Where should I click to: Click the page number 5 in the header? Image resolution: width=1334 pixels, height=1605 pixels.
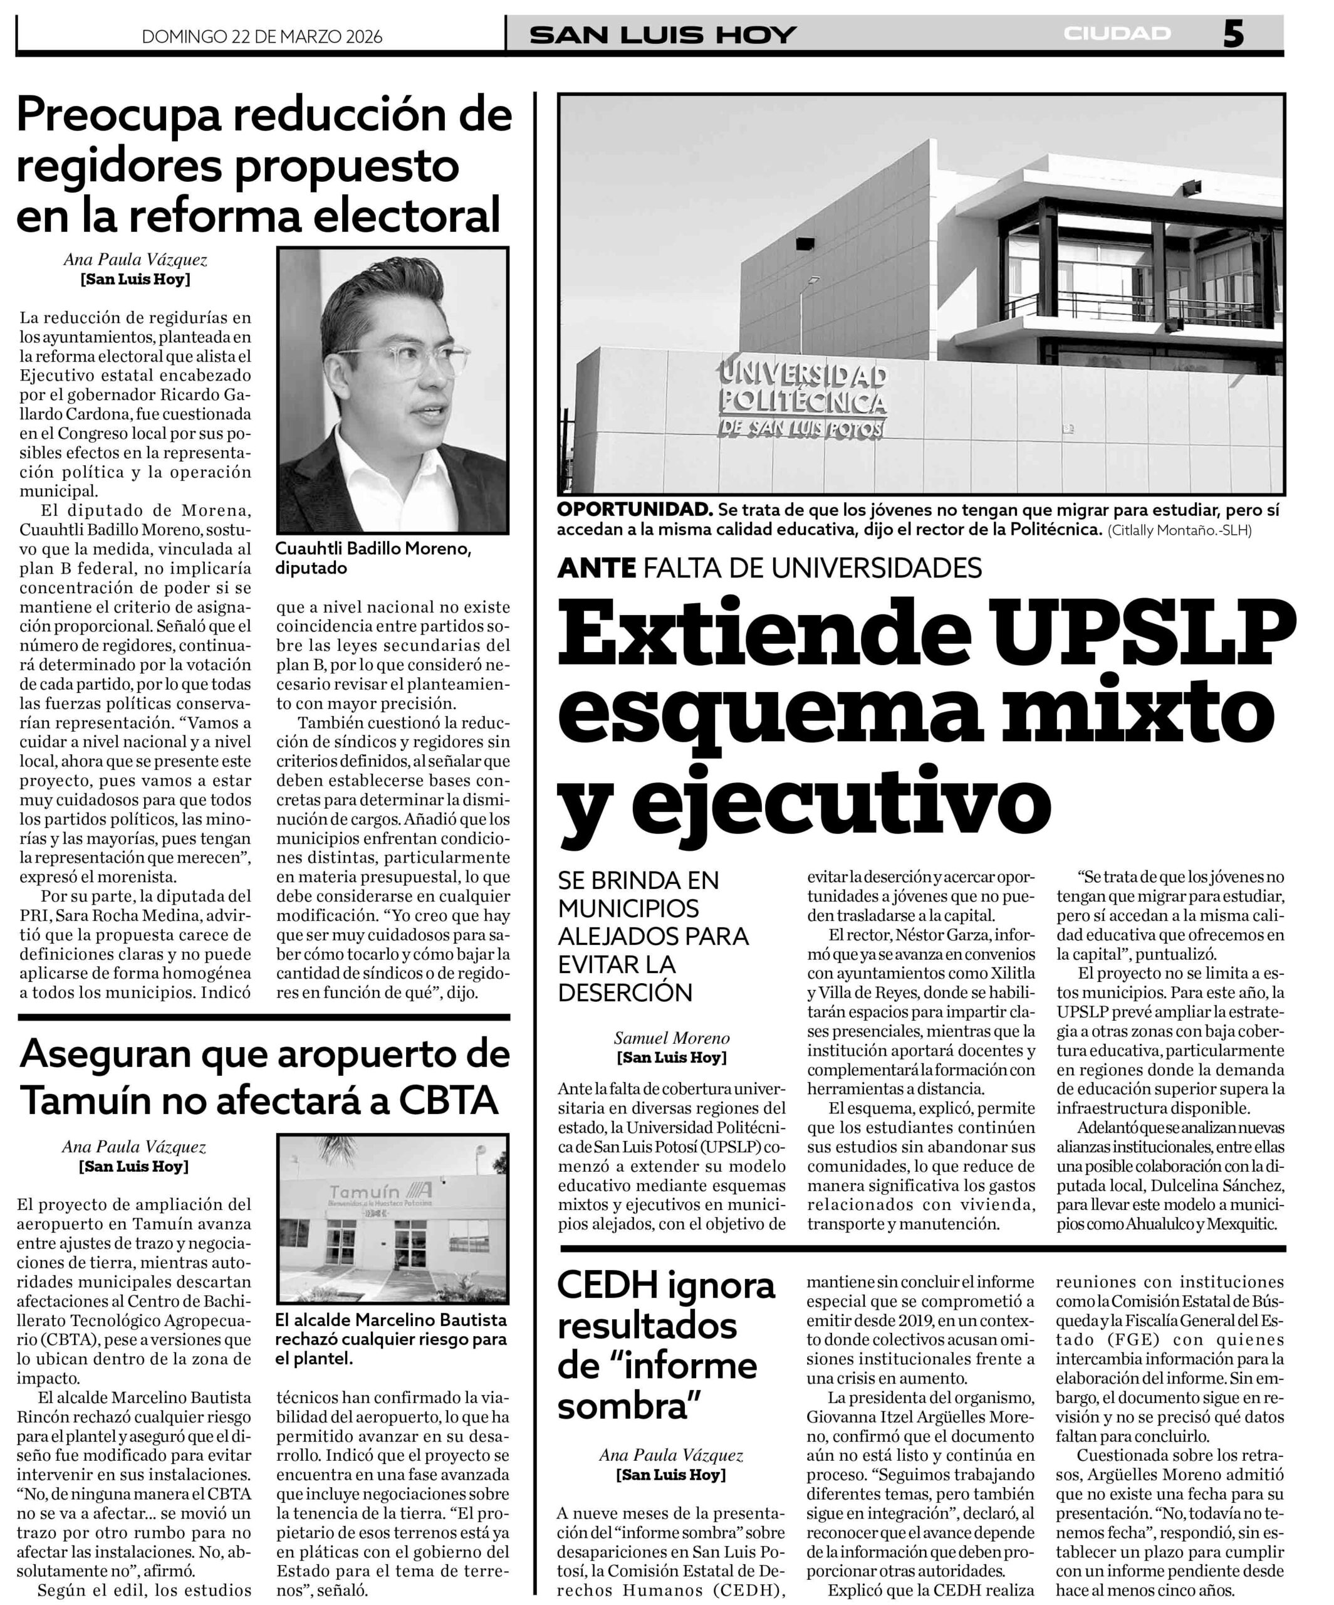[1233, 34]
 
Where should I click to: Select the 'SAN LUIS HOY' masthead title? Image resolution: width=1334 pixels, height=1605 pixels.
[663, 35]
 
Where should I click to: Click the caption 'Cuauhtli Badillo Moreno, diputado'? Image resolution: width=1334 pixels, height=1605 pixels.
[373, 558]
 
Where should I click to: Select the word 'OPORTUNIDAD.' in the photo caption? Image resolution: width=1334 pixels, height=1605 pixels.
[634, 510]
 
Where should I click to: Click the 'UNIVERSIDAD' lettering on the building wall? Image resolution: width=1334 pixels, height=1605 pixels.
[801, 374]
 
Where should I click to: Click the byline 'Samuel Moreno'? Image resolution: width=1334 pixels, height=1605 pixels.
[672, 1038]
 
